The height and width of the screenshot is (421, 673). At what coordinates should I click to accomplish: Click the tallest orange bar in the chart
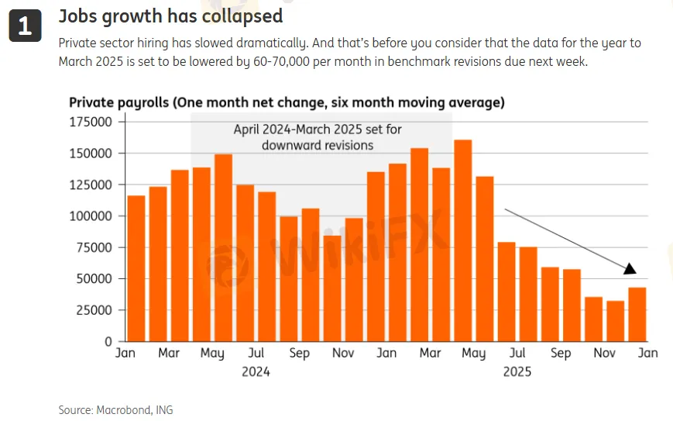coord(462,240)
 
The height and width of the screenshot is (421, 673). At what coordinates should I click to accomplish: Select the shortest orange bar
coord(616,321)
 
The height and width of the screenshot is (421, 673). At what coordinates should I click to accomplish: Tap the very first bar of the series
coord(136,268)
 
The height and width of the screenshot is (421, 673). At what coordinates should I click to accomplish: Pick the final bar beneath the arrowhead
coord(637,314)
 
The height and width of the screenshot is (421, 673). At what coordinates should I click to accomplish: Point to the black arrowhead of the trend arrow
coord(630,268)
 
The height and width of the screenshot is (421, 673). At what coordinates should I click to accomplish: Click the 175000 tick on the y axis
coord(91,122)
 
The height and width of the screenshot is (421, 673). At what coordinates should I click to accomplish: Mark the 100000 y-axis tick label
coord(91,216)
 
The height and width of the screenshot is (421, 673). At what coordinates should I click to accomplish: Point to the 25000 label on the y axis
coord(94,310)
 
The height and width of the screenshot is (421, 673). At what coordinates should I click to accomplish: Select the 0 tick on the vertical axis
coord(108,341)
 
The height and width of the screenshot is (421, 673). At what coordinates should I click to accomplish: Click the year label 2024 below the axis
coord(256,371)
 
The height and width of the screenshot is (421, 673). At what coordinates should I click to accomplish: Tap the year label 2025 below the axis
coord(517,371)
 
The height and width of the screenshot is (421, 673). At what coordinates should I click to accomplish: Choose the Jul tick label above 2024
coord(256,354)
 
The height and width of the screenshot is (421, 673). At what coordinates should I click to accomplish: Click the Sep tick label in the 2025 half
coord(561,354)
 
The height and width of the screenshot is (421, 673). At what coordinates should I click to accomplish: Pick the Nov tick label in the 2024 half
coord(342,354)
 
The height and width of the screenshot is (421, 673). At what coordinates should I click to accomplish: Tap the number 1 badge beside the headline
coord(25,26)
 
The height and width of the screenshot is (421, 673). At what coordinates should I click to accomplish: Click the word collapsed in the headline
coord(243,16)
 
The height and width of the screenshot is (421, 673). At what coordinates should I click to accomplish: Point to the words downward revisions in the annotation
coord(318,145)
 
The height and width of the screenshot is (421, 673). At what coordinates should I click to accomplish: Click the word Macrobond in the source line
coord(123,409)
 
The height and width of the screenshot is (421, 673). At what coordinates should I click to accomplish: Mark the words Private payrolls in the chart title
coord(117,102)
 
